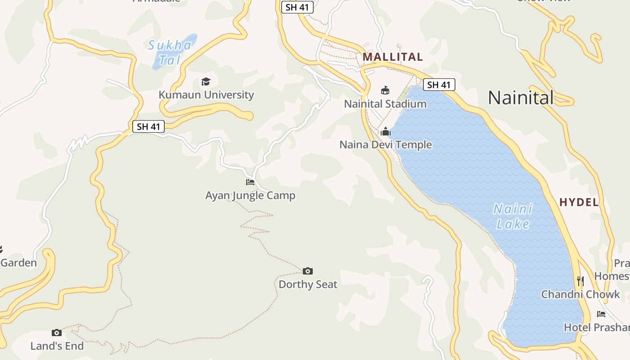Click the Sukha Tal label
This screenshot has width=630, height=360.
coord(170,52)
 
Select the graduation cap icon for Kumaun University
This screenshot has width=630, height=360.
coord(206,81)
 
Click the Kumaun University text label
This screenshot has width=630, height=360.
coord(206,95)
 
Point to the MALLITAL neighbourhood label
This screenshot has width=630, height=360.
coord(393,57)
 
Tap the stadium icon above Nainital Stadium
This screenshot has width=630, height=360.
coord(385,90)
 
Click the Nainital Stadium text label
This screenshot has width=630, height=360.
coord(385,104)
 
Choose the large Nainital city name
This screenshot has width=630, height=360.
coord(521,98)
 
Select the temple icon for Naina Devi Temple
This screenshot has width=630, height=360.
coord(386,131)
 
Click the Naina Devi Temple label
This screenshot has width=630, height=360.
coord(386,145)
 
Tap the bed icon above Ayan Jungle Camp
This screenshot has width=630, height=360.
coord(250,182)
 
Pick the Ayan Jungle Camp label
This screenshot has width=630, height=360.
coord(250,196)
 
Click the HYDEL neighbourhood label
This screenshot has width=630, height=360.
coord(579,202)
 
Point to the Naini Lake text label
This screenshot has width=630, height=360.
coord(513,216)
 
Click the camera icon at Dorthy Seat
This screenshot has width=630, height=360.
coord(308,271)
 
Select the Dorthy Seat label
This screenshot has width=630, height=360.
coord(308,284)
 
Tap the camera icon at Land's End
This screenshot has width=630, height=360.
coord(57,333)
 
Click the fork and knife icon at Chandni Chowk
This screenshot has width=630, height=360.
coord(580,281)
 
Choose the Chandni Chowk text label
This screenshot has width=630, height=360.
coord(580,295)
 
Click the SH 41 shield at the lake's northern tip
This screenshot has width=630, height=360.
coord(439,85)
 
